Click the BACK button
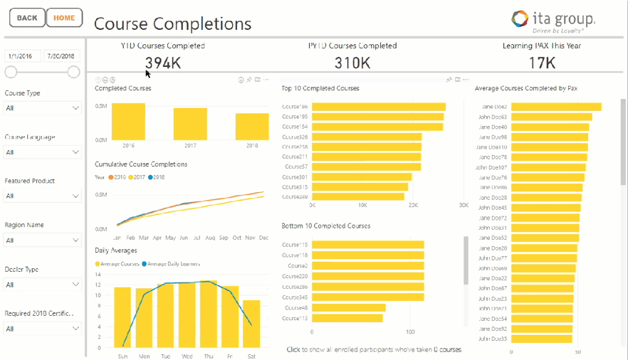point(26,18)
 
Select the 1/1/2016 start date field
point(23,55)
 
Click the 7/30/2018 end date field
point(62,55)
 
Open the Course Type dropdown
point(43,108)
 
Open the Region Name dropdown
point(43,240)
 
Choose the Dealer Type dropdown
point(43,285)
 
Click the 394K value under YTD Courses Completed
point(162,63)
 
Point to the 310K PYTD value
point(352,63)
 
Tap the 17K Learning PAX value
point(542,63)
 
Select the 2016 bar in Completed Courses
point(128,122)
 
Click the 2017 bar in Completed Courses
point(190,124)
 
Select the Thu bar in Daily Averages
point(208,313)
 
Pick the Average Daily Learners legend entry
point(174,264)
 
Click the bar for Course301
point(361,177)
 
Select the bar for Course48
point(348,308)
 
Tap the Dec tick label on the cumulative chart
point(263,238)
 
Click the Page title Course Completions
point(172,23)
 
